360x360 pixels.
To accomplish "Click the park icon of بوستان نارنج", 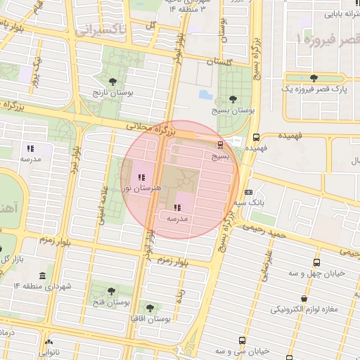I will pyautogui.click(x=113, y=82).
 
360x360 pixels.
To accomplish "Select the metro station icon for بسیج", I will pyautogui.click(x=221, y=145).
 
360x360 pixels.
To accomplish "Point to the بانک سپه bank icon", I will pyautogui.click(x=249, y=192).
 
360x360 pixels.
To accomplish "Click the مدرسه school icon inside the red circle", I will pyautogui.click(x=176, y=207).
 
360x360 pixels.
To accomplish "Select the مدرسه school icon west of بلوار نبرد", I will pyautogui.click(x=30, y=148).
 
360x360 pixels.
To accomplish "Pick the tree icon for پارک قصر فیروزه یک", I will pyautogui.click(x=313, y=78).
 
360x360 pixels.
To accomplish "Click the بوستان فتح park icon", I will pyautogui.click(x=110, y=291).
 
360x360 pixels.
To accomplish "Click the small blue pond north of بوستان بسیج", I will pyautogui.click(x=205, y=94).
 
